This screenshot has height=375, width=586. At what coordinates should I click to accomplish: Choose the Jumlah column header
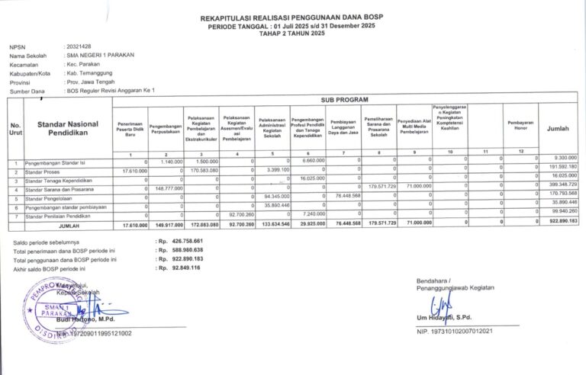(558, 129)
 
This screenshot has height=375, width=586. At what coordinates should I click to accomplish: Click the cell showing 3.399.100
(275, 170)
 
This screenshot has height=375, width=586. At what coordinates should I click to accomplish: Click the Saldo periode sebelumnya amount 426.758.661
(182, 242)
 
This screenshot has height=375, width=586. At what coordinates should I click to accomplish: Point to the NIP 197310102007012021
(455, 331)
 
